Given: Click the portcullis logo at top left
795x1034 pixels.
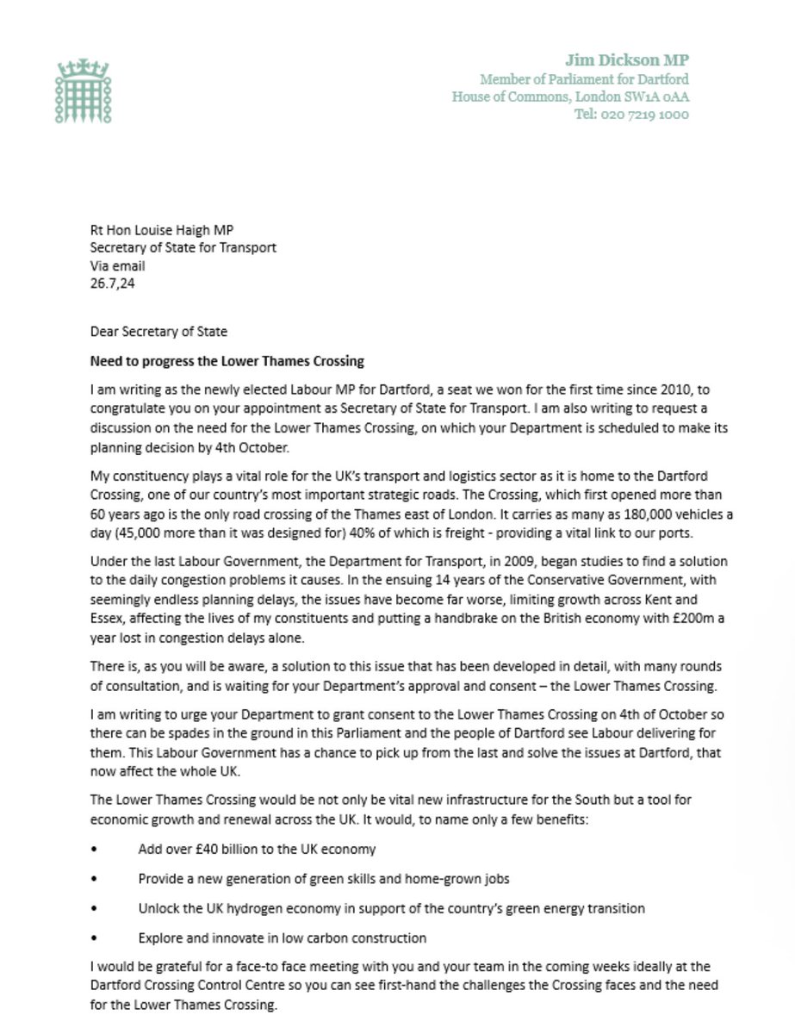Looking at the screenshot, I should (84, 90).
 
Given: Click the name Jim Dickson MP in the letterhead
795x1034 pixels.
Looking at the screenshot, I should (626, 60).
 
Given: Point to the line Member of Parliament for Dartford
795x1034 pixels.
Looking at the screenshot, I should (584, 79).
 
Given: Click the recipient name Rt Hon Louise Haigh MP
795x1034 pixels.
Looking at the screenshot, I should (161, 229).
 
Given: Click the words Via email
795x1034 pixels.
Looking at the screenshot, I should (118, 265).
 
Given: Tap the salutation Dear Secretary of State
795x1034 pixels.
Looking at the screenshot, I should (159, 331).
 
